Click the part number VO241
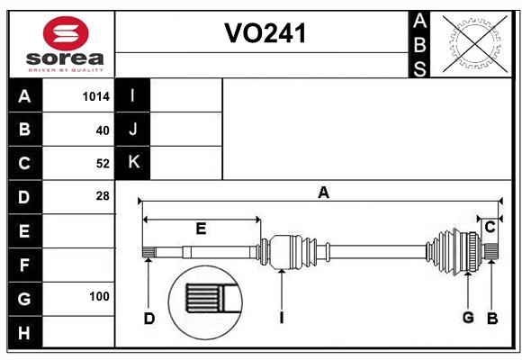265,33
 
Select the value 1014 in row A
95,96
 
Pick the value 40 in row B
102,130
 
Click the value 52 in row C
102,163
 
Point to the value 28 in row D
102,195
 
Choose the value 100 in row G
99,296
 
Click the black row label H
24,332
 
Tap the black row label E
24,231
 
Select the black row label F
24,265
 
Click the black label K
133,163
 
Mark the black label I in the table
133,96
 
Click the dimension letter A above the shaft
323,192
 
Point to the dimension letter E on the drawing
201,229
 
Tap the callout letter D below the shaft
149,318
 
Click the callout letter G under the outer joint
468,317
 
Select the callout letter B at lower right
492,317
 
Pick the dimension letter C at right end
490,228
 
